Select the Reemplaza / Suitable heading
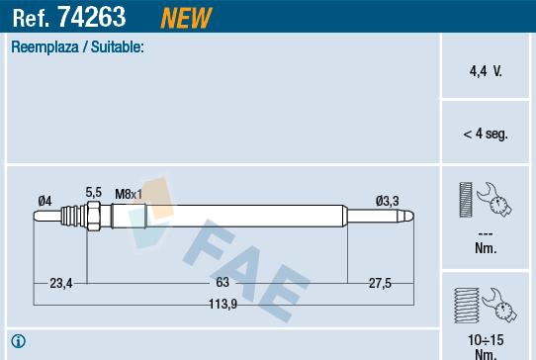(77, 46)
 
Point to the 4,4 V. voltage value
(485, 73)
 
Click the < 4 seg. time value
(485, 134)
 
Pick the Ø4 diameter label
(45, 202)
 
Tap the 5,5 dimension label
(94, 192)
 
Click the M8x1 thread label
(129, 193)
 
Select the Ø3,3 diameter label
(387, 202)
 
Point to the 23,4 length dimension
(60, 284)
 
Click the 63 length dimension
(223, 284)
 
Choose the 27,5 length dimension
(381, 284)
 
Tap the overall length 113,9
(223, 305)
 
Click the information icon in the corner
(18, 342)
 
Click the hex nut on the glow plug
(91, 215)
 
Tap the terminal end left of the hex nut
(69, 215)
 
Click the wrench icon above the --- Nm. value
(485, 199)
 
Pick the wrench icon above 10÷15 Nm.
(485, 306)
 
